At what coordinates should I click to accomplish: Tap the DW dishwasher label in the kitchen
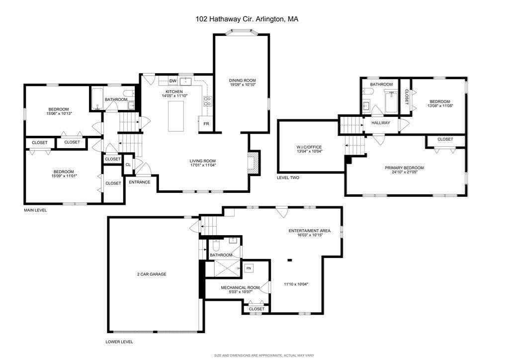(173, 81)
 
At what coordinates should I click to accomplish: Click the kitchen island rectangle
(176, 116)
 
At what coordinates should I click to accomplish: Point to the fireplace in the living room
(254, 163)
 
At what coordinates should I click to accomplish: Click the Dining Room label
(242, 81)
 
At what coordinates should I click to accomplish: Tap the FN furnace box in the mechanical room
(249, 269)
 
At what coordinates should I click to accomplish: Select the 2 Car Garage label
(152, 274)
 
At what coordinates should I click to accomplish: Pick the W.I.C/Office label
(309, 147)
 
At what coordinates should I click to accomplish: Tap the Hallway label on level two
(380, 123)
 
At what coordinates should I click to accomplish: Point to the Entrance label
(140, 182)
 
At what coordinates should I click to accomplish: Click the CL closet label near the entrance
(128, 165)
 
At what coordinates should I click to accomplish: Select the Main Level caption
(35, 210)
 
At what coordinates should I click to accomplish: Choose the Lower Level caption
(119, 342)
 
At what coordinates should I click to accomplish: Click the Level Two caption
(288, 178)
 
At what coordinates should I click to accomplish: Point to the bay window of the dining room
(241, 33)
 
